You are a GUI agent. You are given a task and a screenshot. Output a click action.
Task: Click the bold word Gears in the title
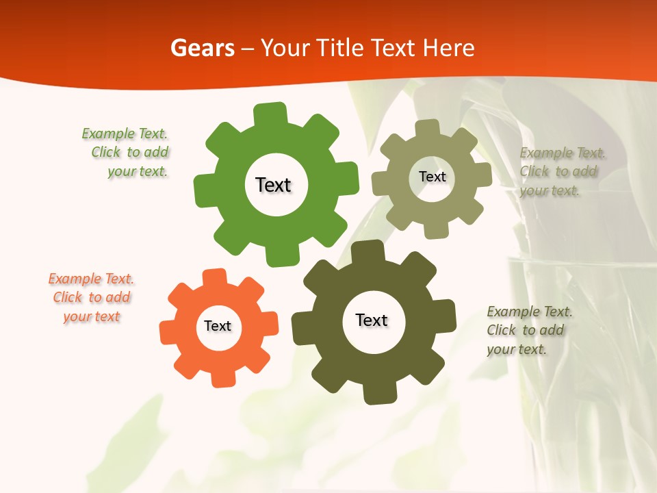pos(202,48)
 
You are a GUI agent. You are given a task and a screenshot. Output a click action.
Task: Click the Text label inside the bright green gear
pos(273,185)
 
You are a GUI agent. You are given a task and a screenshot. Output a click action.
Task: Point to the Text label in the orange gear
pos(218,326)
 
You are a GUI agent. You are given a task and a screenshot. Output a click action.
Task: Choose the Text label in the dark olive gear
pos(372,320)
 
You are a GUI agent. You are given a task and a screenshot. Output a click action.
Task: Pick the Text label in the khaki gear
pos(432,177)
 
